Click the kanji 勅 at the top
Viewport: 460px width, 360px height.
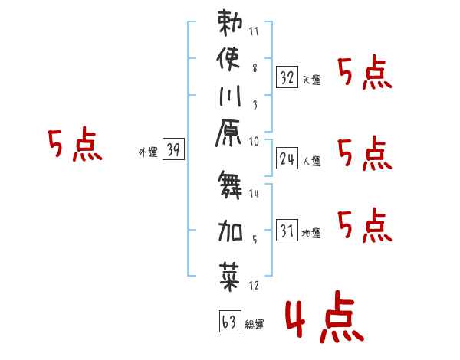[230, 23]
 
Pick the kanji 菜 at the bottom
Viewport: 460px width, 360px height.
[230, 276]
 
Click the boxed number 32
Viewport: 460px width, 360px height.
[287, 77]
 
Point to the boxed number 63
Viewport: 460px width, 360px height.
[229, 322]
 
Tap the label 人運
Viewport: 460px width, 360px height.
[311, 162]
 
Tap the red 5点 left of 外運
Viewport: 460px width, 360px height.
[75, 146]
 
